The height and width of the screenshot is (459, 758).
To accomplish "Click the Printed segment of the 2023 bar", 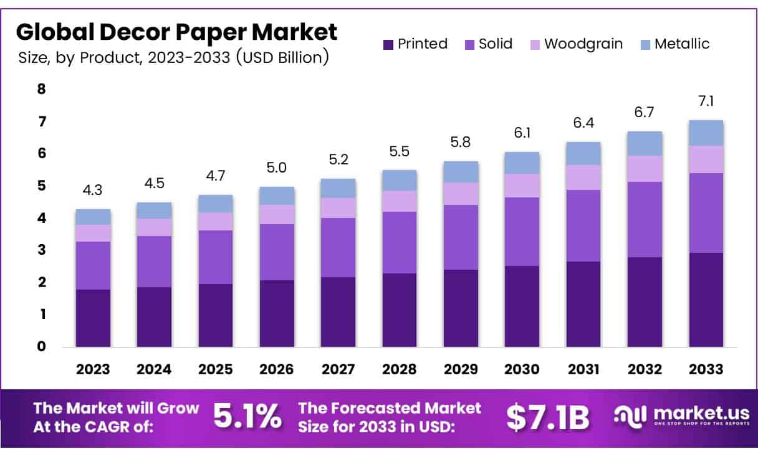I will click(x=93, y=318).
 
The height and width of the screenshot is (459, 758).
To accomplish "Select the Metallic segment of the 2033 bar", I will click(x=706, y=133).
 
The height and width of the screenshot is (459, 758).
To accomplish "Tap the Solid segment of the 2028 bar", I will click(x=400, y=242).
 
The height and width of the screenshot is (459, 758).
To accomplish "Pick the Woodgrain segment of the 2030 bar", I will click(x=522, y=186).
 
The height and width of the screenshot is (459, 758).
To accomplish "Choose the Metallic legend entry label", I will click(x=682, y=44).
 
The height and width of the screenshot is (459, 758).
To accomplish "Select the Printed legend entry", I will click(x=415, y=44).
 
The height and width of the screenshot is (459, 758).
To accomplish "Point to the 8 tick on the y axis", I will click(x=42, y=89).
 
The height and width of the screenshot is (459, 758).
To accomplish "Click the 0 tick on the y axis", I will click(x=42, y=347).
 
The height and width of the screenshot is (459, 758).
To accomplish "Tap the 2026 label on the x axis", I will click(x=277, y=369).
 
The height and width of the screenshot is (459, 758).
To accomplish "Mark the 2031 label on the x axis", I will click(x=583, y=369).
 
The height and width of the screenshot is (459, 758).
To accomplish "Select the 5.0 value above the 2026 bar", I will click(x=277, y=168).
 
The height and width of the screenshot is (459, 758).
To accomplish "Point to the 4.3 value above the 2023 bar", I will click(x=93, y=191).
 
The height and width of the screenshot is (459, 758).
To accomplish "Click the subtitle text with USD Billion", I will click(x=173, y=58).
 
